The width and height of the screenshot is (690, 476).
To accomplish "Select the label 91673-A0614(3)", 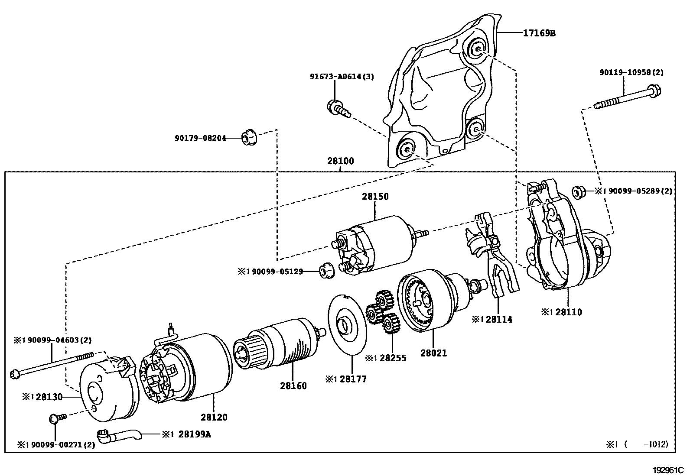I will pyautogui.click(x=342, y=77).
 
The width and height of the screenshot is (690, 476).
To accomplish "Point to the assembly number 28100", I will pyautogui.click(x=340, y=161).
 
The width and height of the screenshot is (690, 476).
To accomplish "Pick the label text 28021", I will pyautogui.click(x=433, y=353).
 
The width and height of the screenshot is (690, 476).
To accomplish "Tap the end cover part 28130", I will pyautogui.click(x=106, y=390).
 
